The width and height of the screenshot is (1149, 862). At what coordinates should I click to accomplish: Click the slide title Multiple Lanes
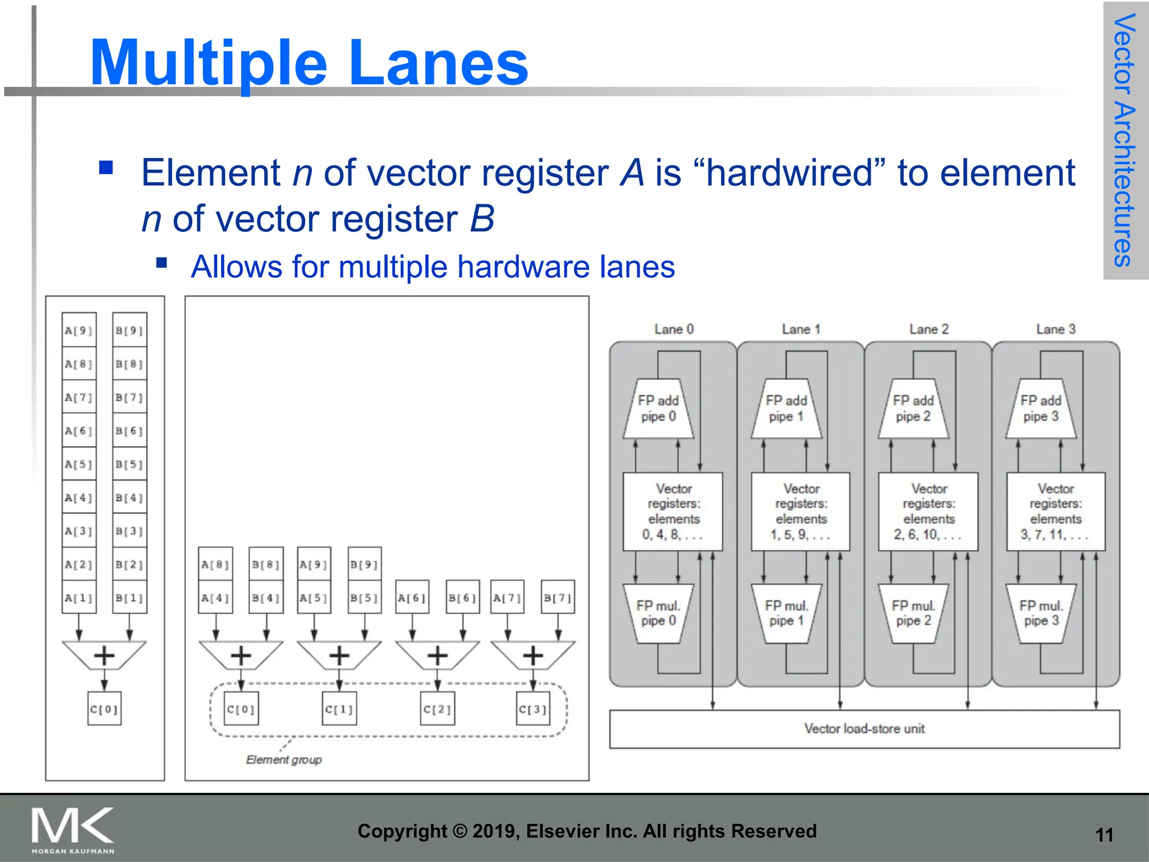(309, 63)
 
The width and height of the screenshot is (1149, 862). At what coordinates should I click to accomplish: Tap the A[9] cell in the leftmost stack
(79, 330)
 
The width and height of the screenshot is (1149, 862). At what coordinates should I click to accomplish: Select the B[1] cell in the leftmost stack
(130, 598)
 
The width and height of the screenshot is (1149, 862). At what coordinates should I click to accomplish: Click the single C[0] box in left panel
(104, 709)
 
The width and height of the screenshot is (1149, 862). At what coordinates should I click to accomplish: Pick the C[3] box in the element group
(532, 709)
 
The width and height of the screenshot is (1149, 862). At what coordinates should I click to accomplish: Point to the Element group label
(284, 759)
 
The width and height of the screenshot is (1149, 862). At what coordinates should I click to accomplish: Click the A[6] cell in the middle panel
(412, 598)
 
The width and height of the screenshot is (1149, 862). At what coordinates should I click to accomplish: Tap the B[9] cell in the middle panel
(364, 564)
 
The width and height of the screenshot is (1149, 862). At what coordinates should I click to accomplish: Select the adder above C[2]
(438, 655)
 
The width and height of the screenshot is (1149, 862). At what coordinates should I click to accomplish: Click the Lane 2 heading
(929, 329)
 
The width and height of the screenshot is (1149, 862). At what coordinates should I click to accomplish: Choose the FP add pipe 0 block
(659, 409)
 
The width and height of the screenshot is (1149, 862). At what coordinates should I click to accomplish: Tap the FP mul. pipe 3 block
(1041, 613)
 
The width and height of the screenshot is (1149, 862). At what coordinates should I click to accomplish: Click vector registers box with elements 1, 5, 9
(801, 512)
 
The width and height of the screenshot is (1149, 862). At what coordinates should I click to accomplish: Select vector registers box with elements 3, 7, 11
(1055, 512)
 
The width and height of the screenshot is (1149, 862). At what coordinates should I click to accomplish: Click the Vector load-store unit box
(864, 728)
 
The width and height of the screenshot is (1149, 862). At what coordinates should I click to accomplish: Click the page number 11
(1104, 835)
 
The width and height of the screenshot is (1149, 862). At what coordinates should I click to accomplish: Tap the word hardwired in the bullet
(789, 172)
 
